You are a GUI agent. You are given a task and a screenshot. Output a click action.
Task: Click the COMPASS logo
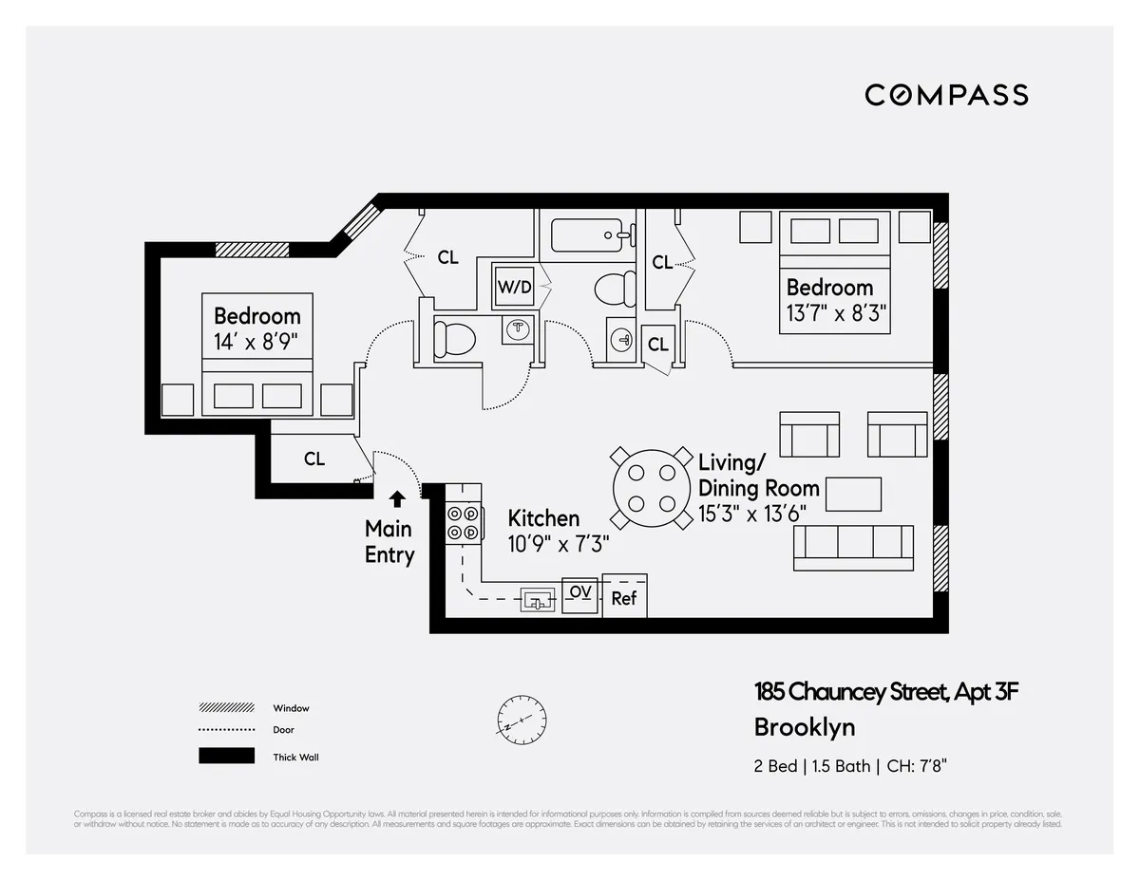(946, 95)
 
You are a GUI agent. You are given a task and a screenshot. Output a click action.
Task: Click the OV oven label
(580, 592)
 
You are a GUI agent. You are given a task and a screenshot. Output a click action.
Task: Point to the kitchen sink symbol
(538, 600)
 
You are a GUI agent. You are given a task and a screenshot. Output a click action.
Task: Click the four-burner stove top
(463, 523)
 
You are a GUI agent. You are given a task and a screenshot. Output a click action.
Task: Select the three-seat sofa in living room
(853, 547)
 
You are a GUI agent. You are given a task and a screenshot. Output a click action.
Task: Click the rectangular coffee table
(852, 494)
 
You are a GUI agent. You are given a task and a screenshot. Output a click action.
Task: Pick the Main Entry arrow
(397, 496)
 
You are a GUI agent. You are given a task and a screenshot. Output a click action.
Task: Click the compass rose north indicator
(522, 719)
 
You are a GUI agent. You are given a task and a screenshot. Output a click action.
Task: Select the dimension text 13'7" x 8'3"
(836, 313)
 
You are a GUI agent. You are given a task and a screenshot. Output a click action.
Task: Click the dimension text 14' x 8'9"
(256, 342)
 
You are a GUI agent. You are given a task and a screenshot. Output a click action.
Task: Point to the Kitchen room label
(543, 518)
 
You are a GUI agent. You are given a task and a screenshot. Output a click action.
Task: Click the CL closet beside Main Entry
(314, 459)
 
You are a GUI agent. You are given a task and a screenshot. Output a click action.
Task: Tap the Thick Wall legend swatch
(226, 757)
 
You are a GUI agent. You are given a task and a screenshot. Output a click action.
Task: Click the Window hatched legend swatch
(226, 708)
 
